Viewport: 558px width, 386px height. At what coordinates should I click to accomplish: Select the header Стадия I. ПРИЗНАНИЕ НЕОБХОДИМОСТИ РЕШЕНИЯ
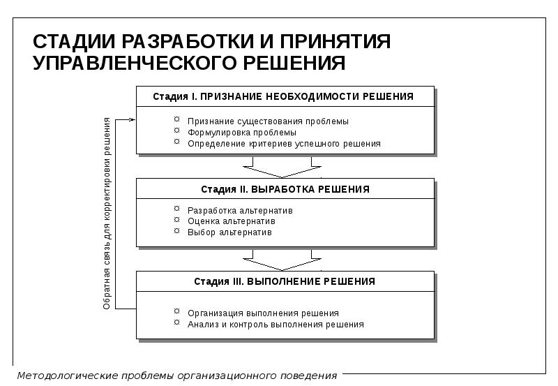click(x=283, y=96)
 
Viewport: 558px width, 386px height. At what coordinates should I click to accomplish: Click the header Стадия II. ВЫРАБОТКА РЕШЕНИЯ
click(x=285, y=189)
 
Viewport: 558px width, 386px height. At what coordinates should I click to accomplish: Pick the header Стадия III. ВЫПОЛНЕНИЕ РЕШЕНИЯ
click(x=285, y=281)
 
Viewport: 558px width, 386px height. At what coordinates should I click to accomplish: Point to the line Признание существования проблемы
click(x=268, y=121)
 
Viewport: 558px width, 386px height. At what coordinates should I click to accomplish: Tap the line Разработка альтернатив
click(x=240, y=210)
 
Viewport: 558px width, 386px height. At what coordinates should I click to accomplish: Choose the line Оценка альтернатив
click(x=232, y=221)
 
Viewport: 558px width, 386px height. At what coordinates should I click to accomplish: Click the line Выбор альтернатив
click(x=229, y=232)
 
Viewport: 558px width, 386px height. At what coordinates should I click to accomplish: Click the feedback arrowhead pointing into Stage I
click(x=132, y=120)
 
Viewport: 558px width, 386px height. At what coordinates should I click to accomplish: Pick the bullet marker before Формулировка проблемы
click(x=177, y=132)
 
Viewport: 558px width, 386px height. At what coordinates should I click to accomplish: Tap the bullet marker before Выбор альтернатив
click(x=177, y=232)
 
